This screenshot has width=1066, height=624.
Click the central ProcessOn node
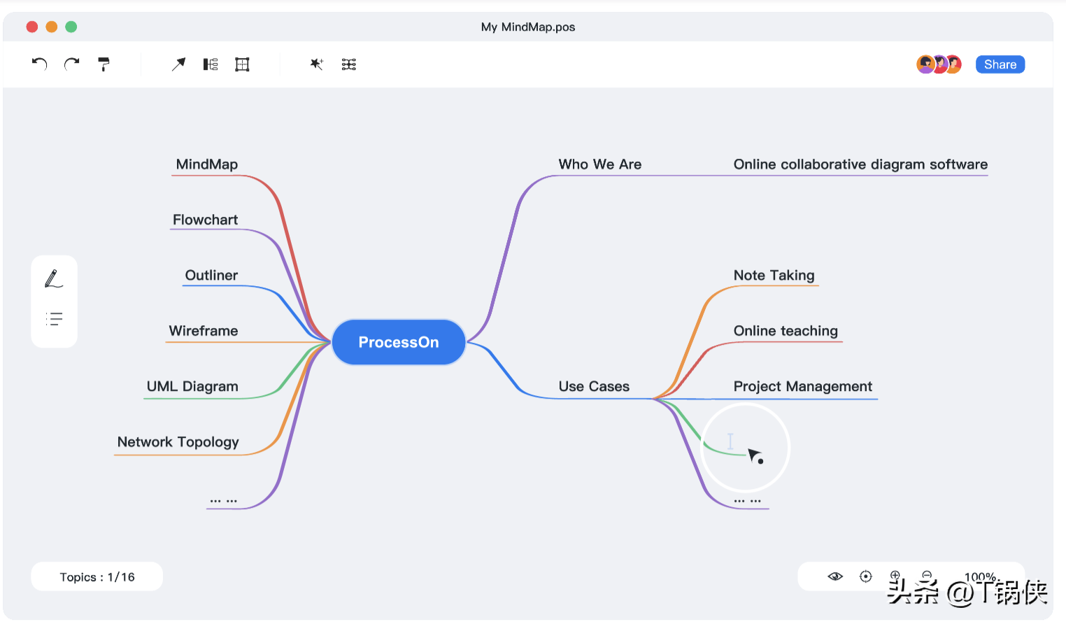(398, 342)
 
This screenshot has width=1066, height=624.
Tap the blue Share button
(1000, 64)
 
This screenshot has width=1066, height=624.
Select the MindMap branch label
(206, 164)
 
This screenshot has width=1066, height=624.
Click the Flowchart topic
(205, 220)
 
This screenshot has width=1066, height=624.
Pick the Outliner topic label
(211, 275)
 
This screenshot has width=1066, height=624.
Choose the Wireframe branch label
(204, 331)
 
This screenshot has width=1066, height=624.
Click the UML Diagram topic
(192, 386)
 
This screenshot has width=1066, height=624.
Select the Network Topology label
(178, 442)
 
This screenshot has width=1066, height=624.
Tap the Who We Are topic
(599, 164)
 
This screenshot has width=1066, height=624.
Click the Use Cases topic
(594, 386)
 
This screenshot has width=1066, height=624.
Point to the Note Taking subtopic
(774, 275)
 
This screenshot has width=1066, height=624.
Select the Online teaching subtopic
(786, 331)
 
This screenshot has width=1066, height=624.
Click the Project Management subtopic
(802, 386)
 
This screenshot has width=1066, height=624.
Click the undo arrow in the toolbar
(39, 64)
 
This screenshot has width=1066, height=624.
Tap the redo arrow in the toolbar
(72, 64)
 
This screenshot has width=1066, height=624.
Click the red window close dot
(32, 27)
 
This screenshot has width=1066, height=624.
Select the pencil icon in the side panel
(54, 279)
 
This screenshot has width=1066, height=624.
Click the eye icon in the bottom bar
(834, 576)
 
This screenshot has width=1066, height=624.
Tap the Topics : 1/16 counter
(97, 577)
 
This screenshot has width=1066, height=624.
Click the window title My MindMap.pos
(528, 27)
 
